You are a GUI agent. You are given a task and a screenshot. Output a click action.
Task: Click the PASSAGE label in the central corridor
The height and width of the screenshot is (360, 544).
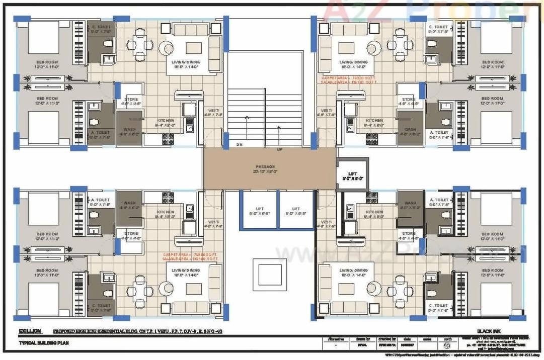tap(265, 166)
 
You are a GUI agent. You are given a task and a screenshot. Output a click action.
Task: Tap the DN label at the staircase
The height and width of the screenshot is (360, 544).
tap(239, 145)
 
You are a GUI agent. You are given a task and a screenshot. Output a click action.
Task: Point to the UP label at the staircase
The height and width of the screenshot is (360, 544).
tap(279, 149)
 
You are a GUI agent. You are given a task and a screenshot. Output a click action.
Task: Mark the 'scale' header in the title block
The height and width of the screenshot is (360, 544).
tap(429, 339)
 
